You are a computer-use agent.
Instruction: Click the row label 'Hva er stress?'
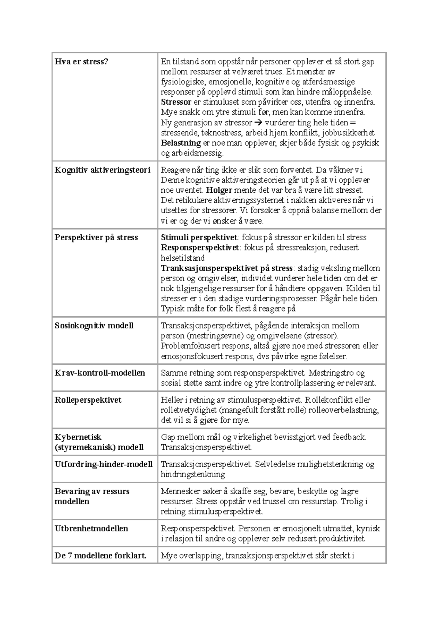(x=81, y=61)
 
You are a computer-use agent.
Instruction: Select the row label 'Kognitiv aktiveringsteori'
(x=102, y=170)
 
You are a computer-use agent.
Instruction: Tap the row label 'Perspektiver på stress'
(x=96, y=237)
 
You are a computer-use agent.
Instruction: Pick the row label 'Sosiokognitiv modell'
(x=94, y=325)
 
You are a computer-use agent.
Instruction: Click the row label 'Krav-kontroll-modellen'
(x=100, y=373)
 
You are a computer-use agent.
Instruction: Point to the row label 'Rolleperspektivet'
(x=88, y=400)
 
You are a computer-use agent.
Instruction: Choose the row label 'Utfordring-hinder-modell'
(x=104, y=464)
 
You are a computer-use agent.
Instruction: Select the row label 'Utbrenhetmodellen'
(x=91, y=528)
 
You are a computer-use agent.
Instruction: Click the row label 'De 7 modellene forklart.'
(x=101, y=556)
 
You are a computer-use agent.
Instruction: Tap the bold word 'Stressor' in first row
(x=176, y=102)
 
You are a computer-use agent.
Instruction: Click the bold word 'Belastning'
(x=181, y=143)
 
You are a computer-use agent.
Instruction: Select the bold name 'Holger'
(x=219, y=190)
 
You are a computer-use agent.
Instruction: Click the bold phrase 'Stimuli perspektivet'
(x=199, y=237)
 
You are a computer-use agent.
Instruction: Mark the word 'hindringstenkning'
(x=193, y=474)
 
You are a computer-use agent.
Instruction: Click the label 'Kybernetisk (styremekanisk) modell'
(x=99, y=442)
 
